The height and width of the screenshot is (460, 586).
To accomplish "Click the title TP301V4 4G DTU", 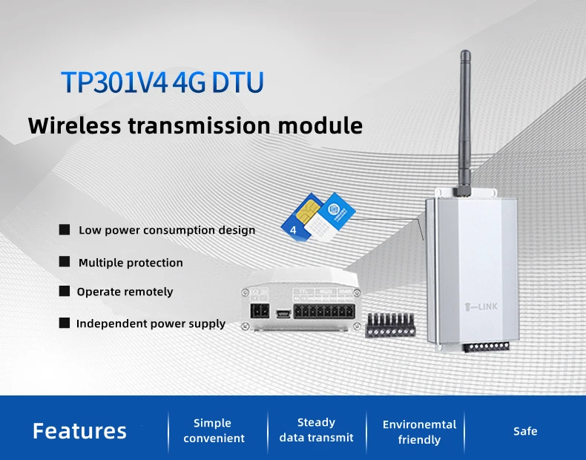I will [161, 83].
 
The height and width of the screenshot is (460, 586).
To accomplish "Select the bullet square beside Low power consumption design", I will [65, 230].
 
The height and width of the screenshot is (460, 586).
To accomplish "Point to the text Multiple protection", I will [131, 263].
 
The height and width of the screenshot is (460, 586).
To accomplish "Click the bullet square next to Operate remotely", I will [65, 292].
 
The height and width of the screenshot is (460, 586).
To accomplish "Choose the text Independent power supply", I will [151, 324].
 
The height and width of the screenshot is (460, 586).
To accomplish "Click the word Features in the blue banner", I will [79, 431].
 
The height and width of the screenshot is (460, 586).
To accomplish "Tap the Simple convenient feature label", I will [213, 430].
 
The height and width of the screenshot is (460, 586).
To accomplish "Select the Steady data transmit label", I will [316, 430].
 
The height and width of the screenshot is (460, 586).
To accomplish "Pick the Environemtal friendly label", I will [419, 432].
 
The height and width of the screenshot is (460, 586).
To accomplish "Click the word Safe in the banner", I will [525, 431].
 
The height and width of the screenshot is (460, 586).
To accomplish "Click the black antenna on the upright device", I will [466, 119].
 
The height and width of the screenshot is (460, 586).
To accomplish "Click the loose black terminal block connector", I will [390, 325].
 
